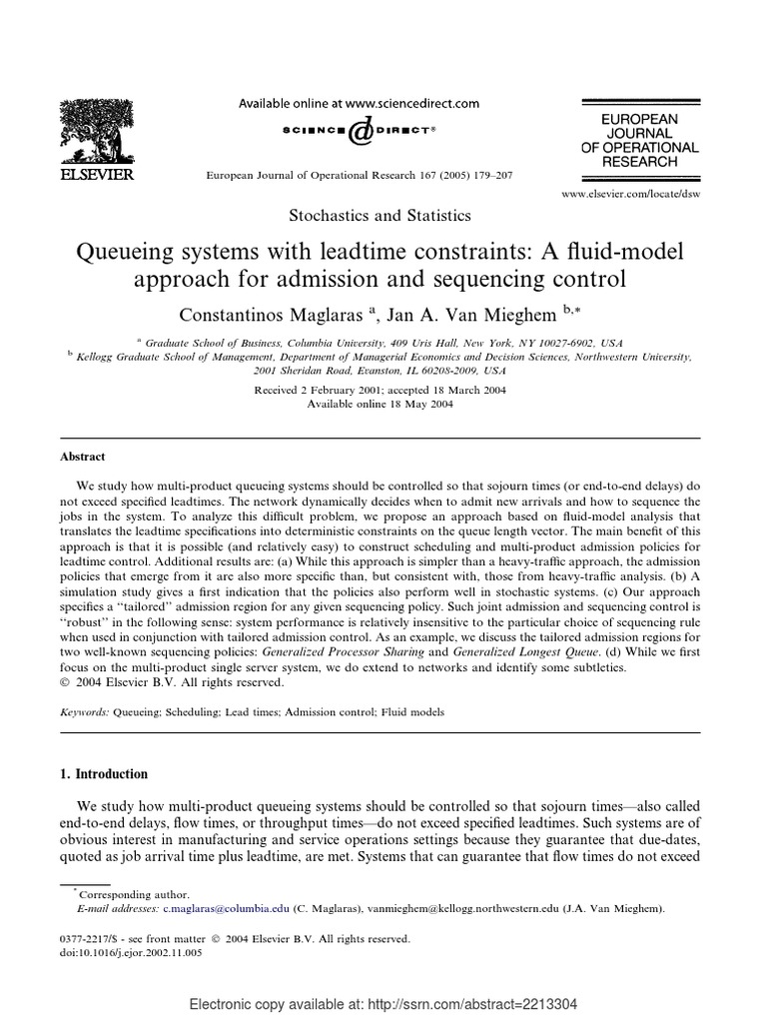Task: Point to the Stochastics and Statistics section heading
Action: [x=380, y=215]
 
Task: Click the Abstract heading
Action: [x=85, y=457]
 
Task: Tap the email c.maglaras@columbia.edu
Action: [x=226, y=909]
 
